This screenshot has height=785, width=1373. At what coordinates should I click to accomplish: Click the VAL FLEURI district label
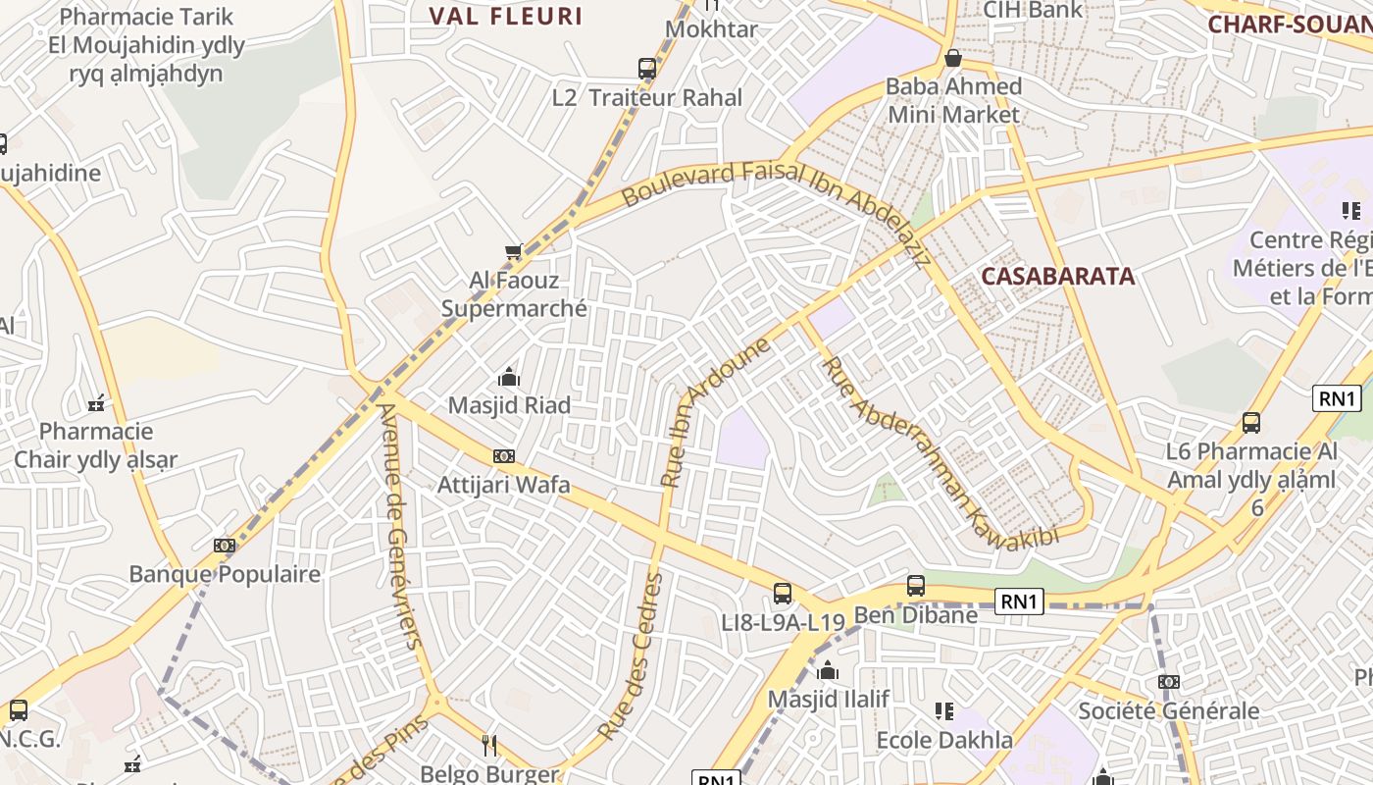coord(506,16)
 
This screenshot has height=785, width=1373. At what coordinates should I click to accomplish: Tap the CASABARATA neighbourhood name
coord(1058,276)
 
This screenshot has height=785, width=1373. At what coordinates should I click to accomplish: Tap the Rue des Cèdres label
coord(631,656)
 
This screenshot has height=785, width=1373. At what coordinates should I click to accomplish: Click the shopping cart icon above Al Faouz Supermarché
coord(513,253)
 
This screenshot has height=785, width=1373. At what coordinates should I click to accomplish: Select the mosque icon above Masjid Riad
coord(508,377)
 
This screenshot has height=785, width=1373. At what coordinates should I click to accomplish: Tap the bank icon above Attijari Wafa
coord(504,456)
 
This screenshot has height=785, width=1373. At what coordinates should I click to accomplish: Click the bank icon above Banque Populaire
coord(225,546)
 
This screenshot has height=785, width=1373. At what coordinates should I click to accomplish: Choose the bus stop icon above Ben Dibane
coord(916,586)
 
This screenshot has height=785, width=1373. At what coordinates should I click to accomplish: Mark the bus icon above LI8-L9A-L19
coord(783,593)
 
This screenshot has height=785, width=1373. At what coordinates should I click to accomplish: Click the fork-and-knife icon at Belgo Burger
coord(489,746)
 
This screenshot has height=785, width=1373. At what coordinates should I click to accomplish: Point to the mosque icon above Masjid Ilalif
coord(828,671)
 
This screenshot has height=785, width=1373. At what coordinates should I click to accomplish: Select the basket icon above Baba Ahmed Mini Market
coord(952,58)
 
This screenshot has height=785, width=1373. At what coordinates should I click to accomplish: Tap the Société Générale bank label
coord(1168,710)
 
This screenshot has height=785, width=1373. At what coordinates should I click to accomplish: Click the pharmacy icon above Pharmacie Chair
coord(96,403)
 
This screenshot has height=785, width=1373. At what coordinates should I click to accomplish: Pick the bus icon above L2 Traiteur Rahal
coord(647,69)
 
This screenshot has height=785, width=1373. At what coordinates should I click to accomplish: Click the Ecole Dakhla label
coord(943,740)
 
